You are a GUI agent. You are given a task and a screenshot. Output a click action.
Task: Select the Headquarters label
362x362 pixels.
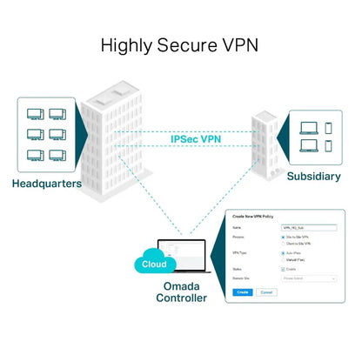click(x=48, y=184)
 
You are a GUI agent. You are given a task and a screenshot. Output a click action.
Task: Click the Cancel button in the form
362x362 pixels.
click(x=265, y=292)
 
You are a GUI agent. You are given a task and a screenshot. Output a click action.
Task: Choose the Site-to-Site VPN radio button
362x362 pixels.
click(x=284, y=236)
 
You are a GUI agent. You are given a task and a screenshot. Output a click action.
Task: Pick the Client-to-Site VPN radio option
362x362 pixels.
click(x=284, y=244)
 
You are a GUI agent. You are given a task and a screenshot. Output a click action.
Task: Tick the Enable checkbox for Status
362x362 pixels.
click(x=284, y=269)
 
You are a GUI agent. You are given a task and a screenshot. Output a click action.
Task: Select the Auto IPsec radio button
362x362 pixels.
click(x=284, y=252)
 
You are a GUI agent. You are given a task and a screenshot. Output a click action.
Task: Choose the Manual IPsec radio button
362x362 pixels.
click(x=284, y=259)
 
